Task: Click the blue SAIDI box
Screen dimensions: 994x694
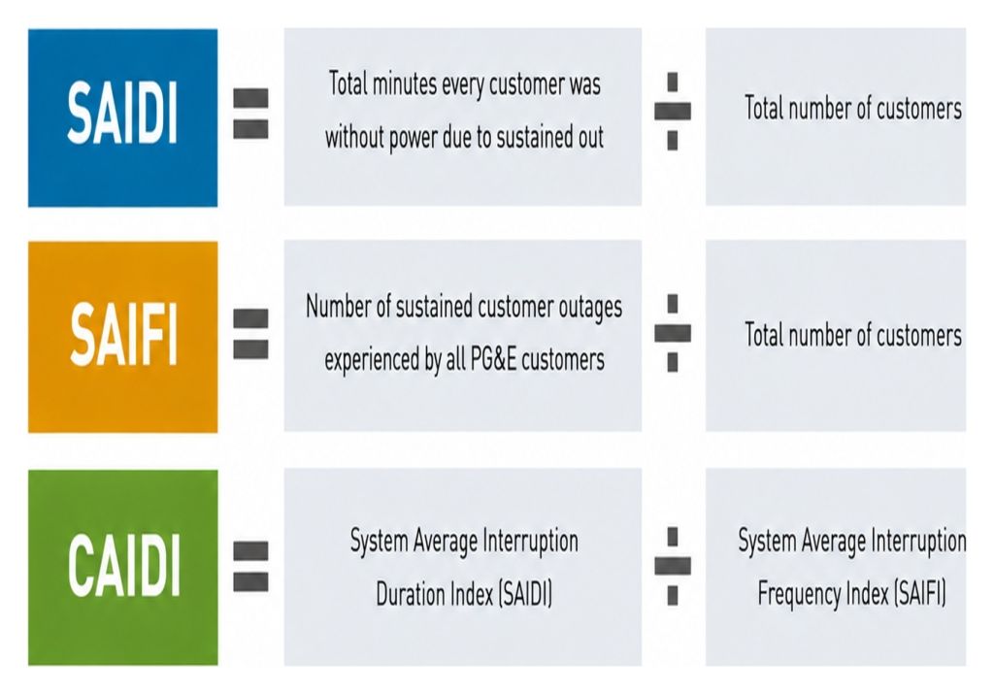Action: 123,117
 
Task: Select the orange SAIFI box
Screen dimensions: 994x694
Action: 123,337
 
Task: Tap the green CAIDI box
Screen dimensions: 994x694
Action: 123,567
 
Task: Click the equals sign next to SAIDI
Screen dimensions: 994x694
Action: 251,114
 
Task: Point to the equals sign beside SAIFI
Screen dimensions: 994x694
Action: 251,334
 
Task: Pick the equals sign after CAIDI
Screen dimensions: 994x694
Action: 251,566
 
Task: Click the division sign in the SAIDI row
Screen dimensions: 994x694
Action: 673,111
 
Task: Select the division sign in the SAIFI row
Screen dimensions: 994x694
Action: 673,333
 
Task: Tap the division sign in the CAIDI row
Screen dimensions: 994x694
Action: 673,565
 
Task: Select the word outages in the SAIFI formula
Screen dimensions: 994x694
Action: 589,308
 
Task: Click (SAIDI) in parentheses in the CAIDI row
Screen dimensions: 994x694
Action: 525,595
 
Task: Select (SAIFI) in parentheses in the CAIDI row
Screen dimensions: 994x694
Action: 920,595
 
